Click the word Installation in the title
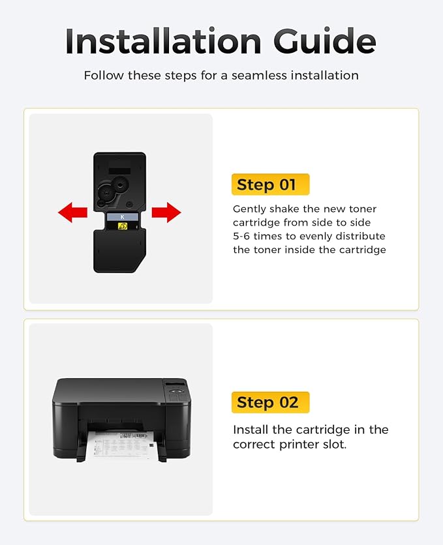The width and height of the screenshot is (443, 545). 163,41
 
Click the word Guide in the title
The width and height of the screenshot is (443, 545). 325,41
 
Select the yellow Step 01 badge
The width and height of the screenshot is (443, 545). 270,184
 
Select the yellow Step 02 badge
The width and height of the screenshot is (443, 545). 270,402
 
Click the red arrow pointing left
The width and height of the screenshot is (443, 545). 72,212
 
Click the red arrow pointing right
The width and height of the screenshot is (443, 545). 166,212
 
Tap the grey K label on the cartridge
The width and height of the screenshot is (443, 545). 123,217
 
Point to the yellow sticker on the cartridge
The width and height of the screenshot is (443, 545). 123,226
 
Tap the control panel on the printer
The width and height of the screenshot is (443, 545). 177,392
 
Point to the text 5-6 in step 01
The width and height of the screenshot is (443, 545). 241,237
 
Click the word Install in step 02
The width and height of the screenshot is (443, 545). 251,430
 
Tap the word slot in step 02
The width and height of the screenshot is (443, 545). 335,445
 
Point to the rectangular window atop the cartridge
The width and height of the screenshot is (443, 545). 119,171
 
